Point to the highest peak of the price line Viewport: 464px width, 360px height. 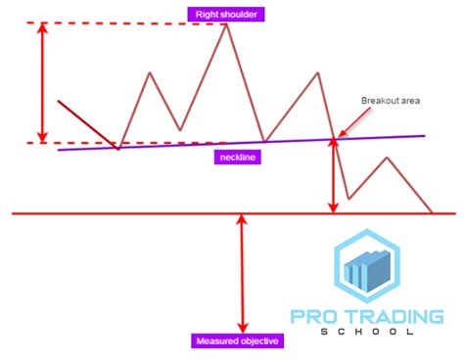click(228, 23)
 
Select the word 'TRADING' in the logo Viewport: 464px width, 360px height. click(394, 316)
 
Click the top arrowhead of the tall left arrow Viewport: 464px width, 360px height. click(41, 26)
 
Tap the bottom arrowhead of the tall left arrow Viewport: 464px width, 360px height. click(41, 139)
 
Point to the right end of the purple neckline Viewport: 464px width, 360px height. click(425, 135)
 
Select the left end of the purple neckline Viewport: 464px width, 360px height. click(59, 150)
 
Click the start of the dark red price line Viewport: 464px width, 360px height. click(59, 101)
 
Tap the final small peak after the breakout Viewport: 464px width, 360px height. click(388, 157)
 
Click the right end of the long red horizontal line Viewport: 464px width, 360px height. click(455, 213)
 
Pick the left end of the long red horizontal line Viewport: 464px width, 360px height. click(13, 213)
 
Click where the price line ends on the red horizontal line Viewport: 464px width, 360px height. click(433, 212)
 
